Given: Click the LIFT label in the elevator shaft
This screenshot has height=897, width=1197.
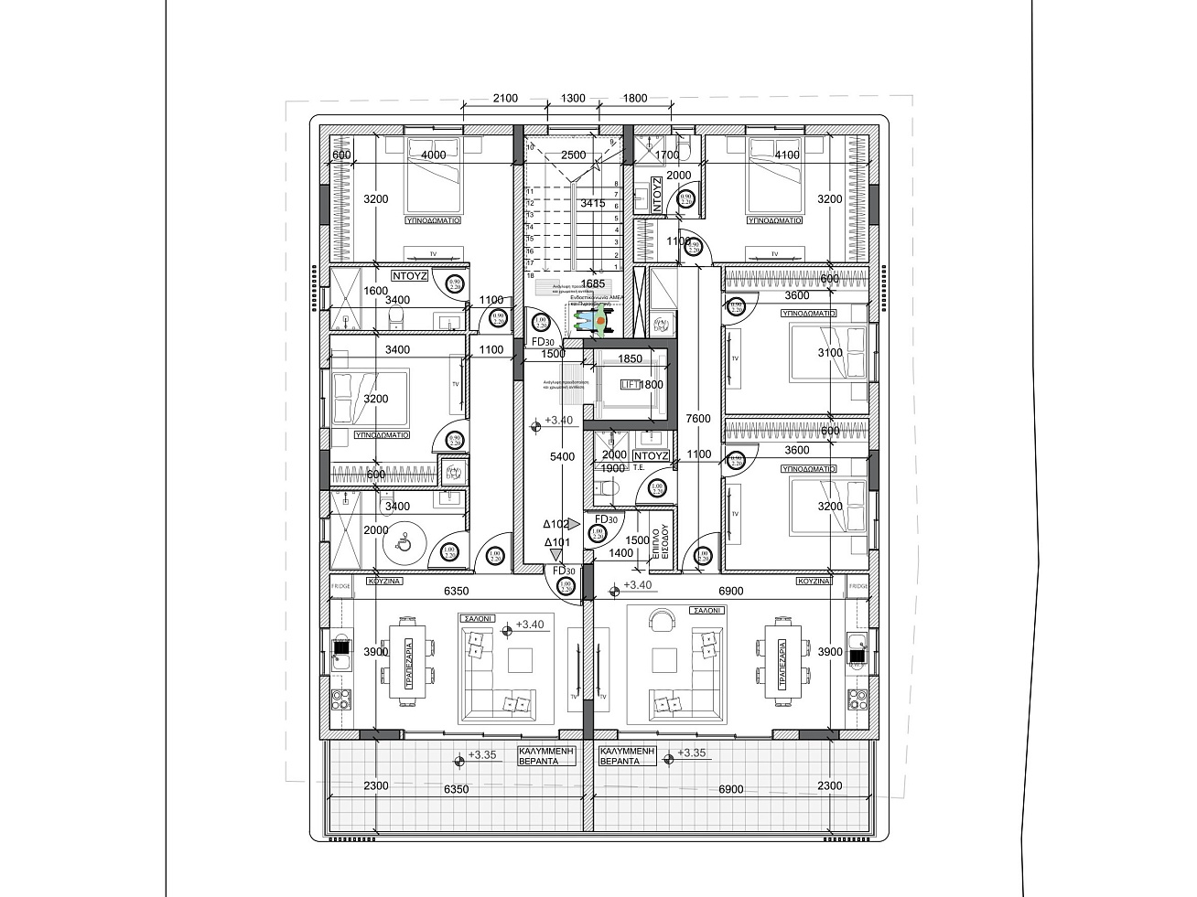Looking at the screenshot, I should pos(630,385).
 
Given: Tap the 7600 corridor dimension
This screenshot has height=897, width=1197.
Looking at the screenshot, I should pos(698,419).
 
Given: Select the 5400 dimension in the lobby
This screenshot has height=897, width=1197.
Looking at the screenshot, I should pos(562,456).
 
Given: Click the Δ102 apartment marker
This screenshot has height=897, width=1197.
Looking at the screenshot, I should pos(555,525).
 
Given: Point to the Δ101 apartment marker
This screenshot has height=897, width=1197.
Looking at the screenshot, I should pos(558,542).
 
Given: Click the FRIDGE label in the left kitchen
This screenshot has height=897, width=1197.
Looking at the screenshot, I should pos(340,585).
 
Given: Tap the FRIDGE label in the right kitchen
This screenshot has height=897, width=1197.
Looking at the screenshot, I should pos(858,585).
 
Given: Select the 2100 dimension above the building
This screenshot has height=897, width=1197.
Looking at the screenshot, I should pos(504,99).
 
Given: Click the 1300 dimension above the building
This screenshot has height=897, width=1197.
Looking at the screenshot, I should pos(573,99).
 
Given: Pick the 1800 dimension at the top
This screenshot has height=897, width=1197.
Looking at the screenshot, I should pos(634,99).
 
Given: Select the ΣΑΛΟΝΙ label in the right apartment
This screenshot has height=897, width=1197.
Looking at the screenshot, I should pos(708,610).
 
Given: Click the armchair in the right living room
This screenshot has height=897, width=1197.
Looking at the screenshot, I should pos(661,622).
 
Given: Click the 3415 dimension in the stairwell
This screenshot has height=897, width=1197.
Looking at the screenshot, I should pos(593,203).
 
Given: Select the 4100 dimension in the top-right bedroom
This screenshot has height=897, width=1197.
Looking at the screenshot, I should pos(786,155).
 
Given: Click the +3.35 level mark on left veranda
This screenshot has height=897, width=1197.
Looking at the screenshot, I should pos(481,756).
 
